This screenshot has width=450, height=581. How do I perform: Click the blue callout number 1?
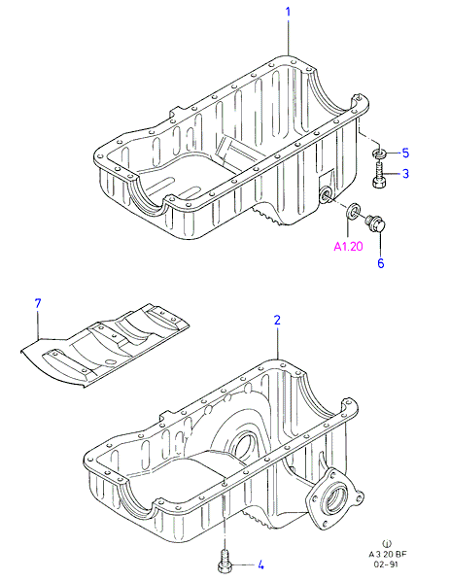tap(288, 12)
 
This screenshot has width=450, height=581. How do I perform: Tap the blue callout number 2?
tap(278, 321)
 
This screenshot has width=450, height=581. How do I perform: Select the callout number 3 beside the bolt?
tap(405, 173)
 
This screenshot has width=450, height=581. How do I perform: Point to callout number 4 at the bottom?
tap(260, 565)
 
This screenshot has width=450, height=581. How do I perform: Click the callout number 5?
tap(405, 153)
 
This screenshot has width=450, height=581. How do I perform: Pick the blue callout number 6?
tap(381, 263)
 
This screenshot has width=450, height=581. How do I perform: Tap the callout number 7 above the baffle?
tap(38, 304)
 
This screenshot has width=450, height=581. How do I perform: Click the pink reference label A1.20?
tap(349, 247)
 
